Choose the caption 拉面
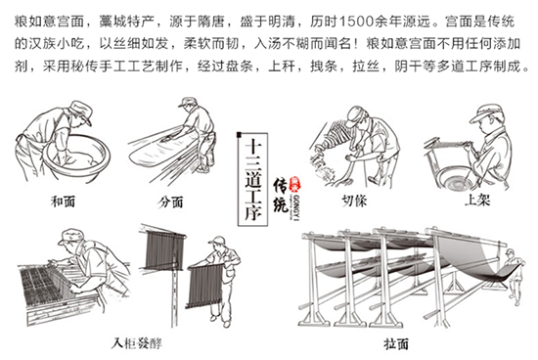[370, 343]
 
